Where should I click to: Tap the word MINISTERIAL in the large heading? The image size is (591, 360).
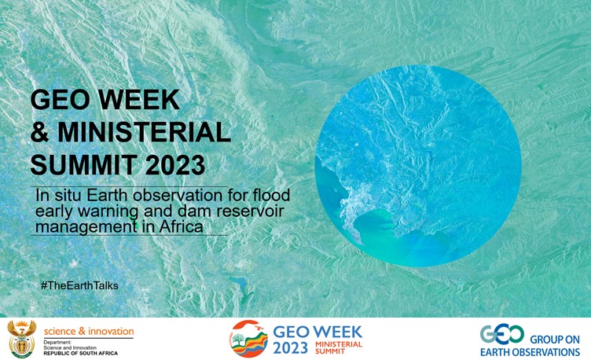(x=144, y=132)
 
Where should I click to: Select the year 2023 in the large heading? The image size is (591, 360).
(x=175, y=165)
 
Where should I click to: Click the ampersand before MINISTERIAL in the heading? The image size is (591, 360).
(x=40, y=132)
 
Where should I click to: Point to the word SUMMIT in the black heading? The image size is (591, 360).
(x=83, y=165)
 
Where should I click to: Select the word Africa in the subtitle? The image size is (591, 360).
(x=182, y=226)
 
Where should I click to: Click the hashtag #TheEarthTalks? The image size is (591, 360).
(x=79, y=285)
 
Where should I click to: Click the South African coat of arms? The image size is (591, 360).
(x=22, y=339)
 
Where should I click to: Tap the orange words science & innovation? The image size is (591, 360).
(x=89, y=332)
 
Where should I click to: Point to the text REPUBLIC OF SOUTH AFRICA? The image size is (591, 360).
(x=81, y=353)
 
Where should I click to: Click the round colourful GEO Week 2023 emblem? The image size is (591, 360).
(x=249, y=339)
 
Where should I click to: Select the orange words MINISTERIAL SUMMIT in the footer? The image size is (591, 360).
(x=339, y=347)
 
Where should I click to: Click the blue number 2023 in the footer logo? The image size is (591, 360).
(x=290, y=348)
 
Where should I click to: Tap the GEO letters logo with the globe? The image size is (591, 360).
(x=502, y=334)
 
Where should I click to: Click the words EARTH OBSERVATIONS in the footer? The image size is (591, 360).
(x=530, y=352)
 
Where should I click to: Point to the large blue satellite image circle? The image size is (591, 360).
(x=418, y=166)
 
